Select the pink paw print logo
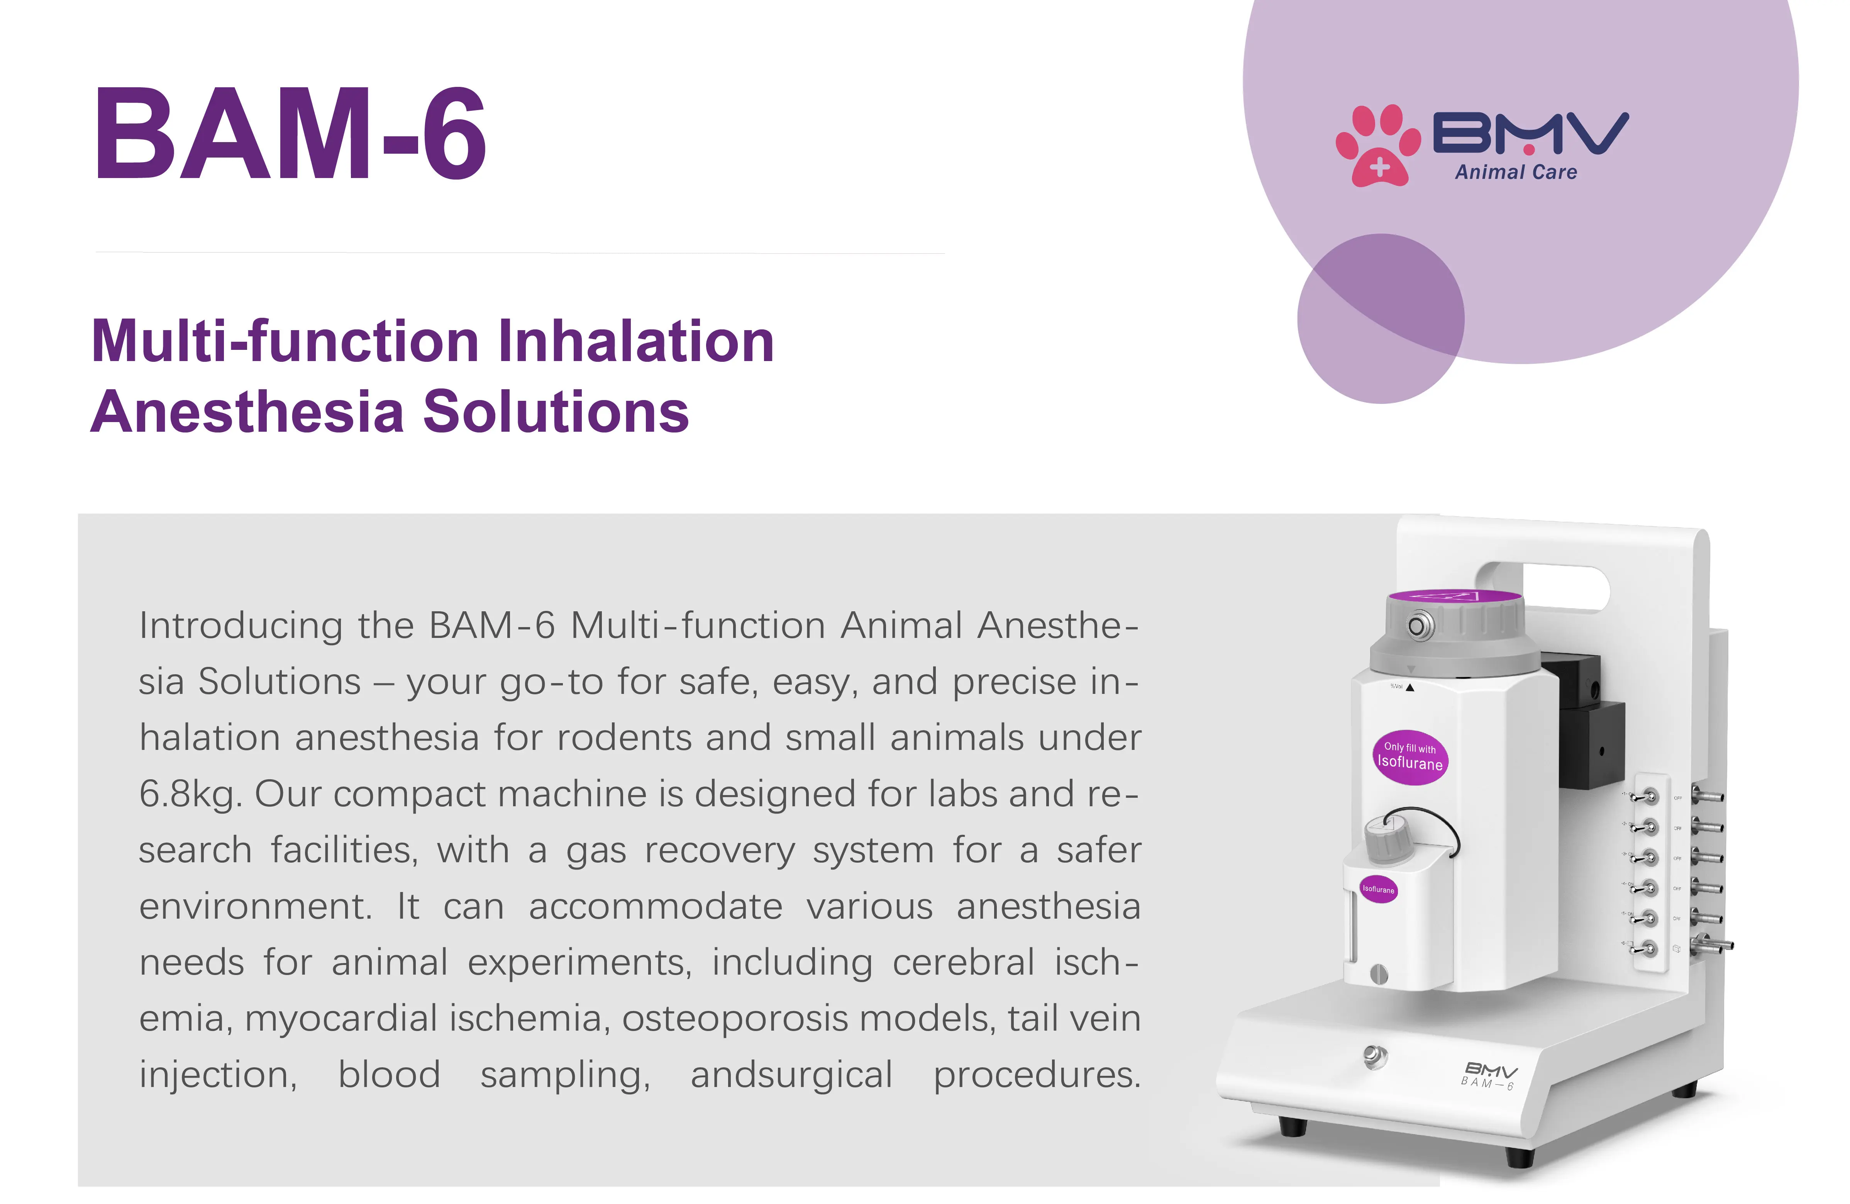(x=1377, y=145)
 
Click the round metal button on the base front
(x=1375, y=1056)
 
